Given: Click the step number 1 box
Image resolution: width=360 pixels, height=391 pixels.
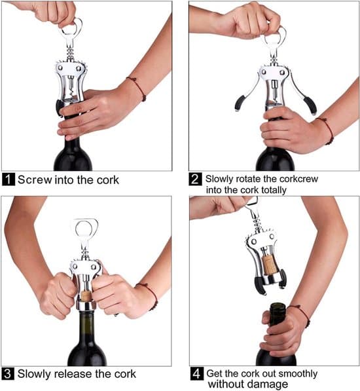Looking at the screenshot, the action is [9, 179].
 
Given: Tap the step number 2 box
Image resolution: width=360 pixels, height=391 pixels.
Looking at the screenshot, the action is [195, 179].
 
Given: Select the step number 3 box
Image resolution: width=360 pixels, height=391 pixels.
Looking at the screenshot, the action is [8, 373].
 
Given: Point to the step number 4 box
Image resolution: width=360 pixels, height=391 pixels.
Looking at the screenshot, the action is [197, 373].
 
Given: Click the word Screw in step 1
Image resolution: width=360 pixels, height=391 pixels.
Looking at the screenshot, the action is [35, 180].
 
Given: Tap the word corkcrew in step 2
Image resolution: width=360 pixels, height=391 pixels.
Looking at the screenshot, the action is [298, 179].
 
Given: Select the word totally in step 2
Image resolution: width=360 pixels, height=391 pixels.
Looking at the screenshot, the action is [274, 190].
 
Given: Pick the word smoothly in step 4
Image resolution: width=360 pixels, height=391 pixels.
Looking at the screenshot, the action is [298, 374].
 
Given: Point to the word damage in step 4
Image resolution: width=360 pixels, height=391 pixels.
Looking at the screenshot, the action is [270, 384].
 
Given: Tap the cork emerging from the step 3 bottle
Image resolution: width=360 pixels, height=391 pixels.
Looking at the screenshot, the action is [86, 295].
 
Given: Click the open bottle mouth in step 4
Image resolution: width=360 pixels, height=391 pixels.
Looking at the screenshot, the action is [278, 306].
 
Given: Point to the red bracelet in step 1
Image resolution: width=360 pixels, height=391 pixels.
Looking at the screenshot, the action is [137, 88].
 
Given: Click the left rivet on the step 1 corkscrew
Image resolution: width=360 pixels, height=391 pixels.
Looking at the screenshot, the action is [60, 67].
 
